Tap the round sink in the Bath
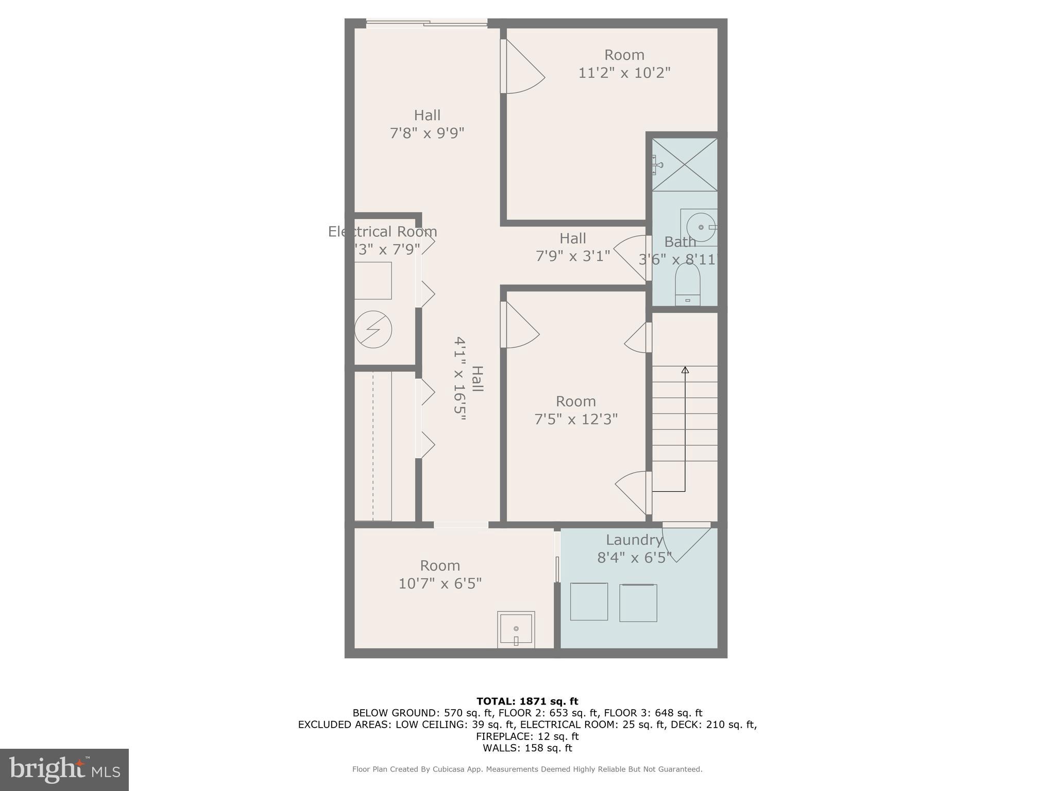tap(701, 227)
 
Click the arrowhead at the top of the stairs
tap(685, 370)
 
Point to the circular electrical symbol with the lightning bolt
tap(373, 330)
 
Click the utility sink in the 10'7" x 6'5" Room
tap(516, 629)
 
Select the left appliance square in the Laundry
tap(589, 601)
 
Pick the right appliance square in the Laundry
tap(638, 603)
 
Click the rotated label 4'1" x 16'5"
tap(460, 379)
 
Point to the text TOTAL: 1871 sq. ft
tap(527, 701)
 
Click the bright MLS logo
tap(64, 769)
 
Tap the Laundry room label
tap(634, 540)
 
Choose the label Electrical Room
tap(382, 232)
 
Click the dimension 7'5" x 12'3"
tap(575, 419)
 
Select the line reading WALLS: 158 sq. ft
tap(527, 748)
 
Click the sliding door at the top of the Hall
tap(427, 23)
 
